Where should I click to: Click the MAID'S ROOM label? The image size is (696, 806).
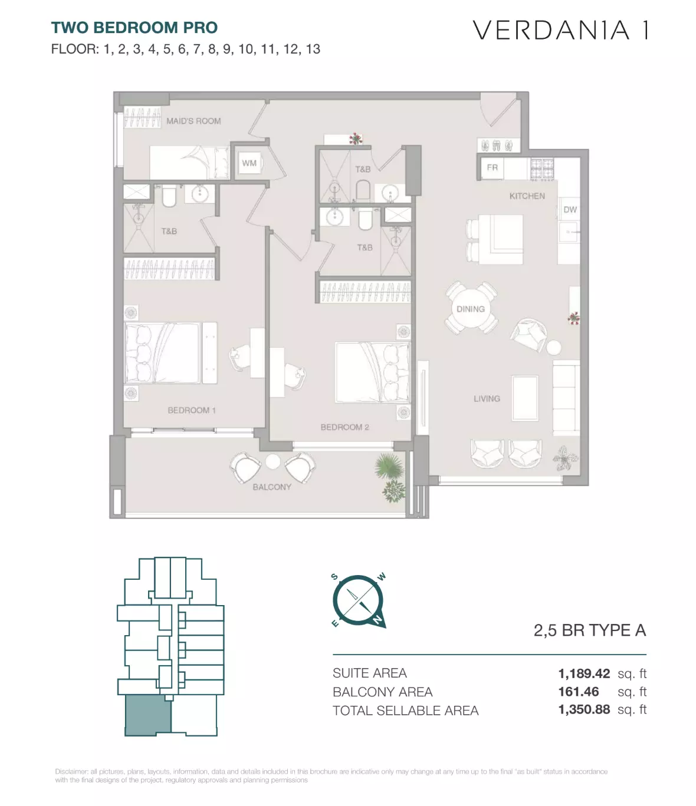coord(193,121)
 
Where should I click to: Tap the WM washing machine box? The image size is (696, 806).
coord(249,163)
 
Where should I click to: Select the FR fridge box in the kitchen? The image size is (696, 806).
coord(493,168)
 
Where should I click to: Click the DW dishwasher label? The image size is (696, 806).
coord(570,209)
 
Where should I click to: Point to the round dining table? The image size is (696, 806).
coord(471,309)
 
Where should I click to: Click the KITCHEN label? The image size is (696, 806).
coord(527,196)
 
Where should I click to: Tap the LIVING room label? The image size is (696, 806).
coord(487,398)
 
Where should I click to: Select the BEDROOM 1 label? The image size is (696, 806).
coord(192,410)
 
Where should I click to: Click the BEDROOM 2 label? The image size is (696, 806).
coord(344,427)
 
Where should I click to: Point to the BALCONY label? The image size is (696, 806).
coord(272,487)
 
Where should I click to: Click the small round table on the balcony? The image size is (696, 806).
coord(273,462)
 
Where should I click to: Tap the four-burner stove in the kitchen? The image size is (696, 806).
coord(542,169)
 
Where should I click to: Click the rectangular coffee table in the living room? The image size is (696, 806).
coord(525,398)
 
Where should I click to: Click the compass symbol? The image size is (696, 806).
coord(359,601)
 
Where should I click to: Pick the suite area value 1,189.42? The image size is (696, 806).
coord(584,673)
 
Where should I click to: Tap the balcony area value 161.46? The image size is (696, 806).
coord(579,692)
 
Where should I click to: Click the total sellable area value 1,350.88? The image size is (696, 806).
coord(584,710)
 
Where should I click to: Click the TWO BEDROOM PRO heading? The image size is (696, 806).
coord(134,28)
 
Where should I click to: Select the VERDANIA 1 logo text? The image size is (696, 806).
coord(561,30)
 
